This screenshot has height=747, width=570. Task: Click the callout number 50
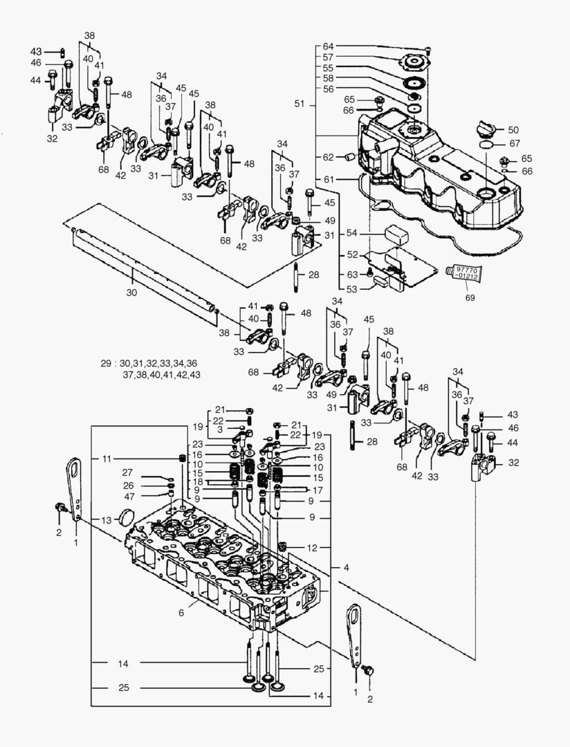coord(513,130)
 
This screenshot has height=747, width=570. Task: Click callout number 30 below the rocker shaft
coord(131,293)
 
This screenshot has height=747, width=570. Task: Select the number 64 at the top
coord(328,46)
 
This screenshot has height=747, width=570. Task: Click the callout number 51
coord(299,104)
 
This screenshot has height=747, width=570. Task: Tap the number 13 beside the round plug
coord(106,520)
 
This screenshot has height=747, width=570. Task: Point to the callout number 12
coord(313,548)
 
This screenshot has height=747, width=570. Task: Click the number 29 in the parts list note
coord(105,363)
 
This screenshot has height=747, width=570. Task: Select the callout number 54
coord(351,234)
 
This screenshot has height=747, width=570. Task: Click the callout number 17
coord(318,490)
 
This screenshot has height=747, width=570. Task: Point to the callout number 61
coord(328,180)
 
